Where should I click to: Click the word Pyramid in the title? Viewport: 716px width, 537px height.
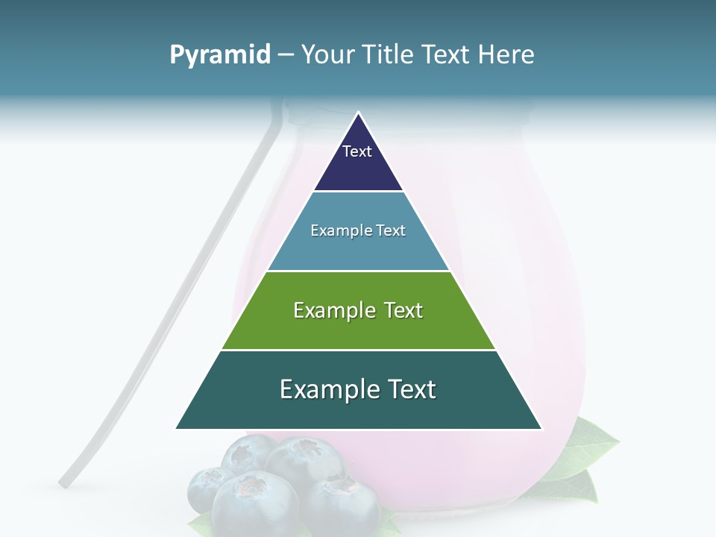(x=219, y=55)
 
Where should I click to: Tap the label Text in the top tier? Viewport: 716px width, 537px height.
(x=357, y=151)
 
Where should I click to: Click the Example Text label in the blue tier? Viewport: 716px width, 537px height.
(x=358, y=230)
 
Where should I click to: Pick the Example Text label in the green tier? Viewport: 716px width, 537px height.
(x=358, y=310)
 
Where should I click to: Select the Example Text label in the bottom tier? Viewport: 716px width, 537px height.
(x=358, y=389)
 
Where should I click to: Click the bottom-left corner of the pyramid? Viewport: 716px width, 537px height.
(x=177, y=428)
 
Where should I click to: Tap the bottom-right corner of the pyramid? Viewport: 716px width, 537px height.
(x=541, y=428)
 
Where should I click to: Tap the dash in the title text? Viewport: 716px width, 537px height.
(x=286, y=55)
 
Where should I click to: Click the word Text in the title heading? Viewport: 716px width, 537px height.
(x=447, y=55)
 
